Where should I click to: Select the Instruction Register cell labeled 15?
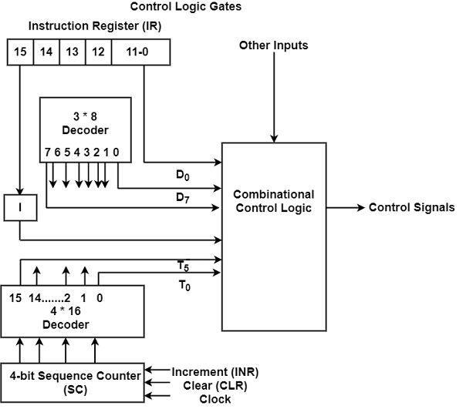click(20, 52)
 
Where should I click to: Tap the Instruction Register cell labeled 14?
click(46, 52)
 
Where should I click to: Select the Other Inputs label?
click(273, 45)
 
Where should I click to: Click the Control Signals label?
click(411, 207)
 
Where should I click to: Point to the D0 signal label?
click(183, 176)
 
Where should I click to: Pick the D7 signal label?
click(183, 199)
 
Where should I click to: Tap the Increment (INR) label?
click(215, 372)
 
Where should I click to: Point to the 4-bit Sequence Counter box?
click(76, 381)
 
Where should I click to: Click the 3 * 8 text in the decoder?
click(85, 116)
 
